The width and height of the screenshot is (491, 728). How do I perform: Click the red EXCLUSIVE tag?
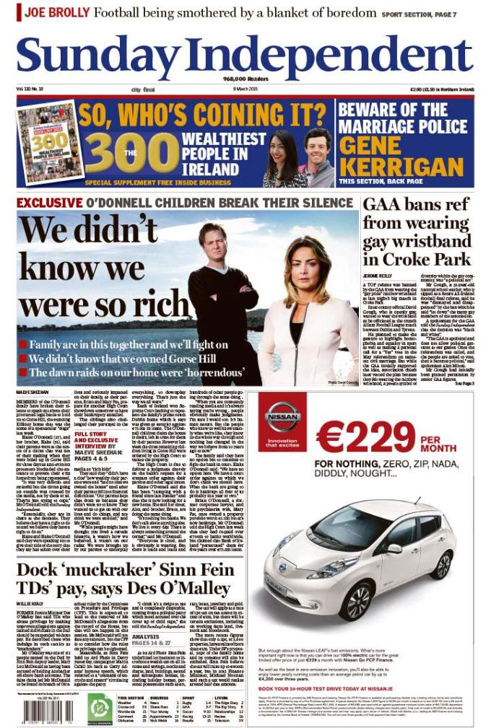click(49, 203)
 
